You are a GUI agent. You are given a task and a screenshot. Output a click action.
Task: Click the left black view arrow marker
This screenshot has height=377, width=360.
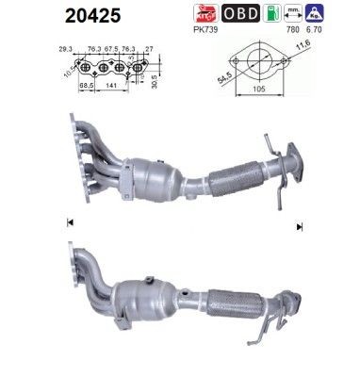pos(70,223)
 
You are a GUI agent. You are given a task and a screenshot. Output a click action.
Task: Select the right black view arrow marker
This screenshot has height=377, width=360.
pos(300,226)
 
